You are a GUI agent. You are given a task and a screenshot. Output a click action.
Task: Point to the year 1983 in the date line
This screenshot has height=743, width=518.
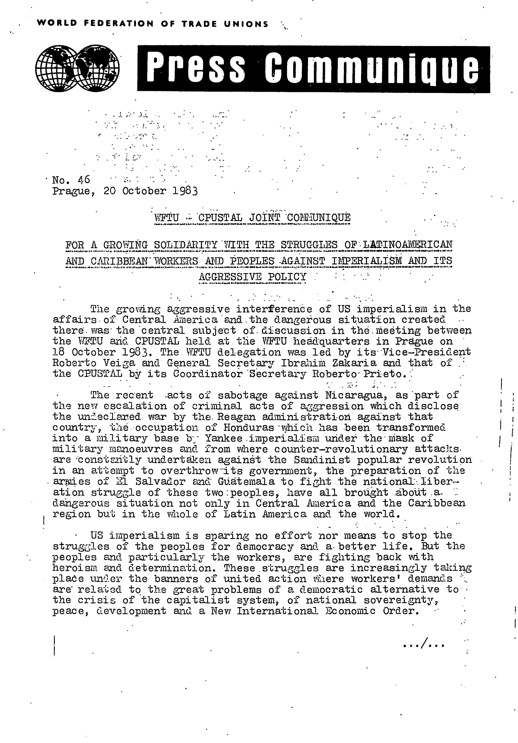[185, 191]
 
